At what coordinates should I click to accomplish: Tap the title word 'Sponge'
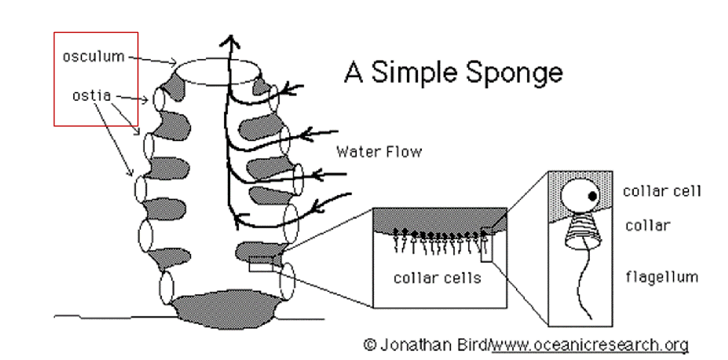pyautogui.click(x=512, y=73)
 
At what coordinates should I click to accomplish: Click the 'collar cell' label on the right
pyautogui.click(x=662, y=190)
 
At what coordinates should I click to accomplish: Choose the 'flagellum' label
pyautogui.click(x=661, y=276)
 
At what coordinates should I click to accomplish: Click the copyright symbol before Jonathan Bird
pyautogui.click(x=370, y=345)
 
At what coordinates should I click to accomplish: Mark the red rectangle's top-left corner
pyautogui.click(x=55, y=32)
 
